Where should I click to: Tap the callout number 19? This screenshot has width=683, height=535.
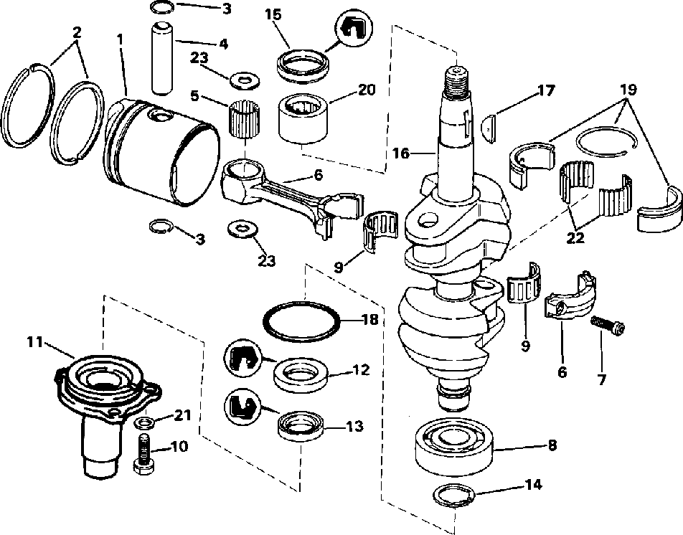(628, 91)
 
